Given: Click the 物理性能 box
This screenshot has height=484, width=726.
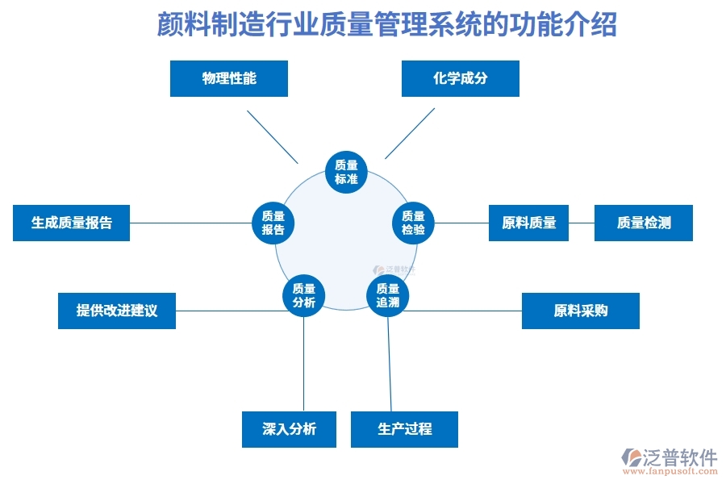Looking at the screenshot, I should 229,79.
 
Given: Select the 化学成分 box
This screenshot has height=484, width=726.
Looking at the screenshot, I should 460,79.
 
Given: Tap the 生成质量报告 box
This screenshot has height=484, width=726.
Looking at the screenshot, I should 72,223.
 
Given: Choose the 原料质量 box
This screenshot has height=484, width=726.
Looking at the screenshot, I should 529,223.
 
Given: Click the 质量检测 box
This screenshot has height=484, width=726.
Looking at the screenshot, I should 643,223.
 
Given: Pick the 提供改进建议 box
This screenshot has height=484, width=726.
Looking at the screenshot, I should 117,311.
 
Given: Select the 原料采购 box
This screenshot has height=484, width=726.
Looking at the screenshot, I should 580,311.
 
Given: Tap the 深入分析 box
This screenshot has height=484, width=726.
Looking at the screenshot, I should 289,429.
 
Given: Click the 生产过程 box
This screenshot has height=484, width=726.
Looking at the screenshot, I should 404,429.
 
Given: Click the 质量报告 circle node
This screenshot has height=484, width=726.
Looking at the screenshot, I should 273,223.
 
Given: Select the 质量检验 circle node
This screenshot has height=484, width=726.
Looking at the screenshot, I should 413,223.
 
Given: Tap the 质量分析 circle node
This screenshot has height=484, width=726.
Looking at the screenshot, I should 304,295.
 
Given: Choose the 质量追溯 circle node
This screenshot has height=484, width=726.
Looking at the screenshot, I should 388,295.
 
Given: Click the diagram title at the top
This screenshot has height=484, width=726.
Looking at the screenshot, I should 386,24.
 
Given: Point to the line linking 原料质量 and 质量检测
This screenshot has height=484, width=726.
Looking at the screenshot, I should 581,223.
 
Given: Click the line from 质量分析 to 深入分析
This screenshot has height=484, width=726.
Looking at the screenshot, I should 304,363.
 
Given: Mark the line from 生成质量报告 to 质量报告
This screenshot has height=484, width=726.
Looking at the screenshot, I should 190,223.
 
